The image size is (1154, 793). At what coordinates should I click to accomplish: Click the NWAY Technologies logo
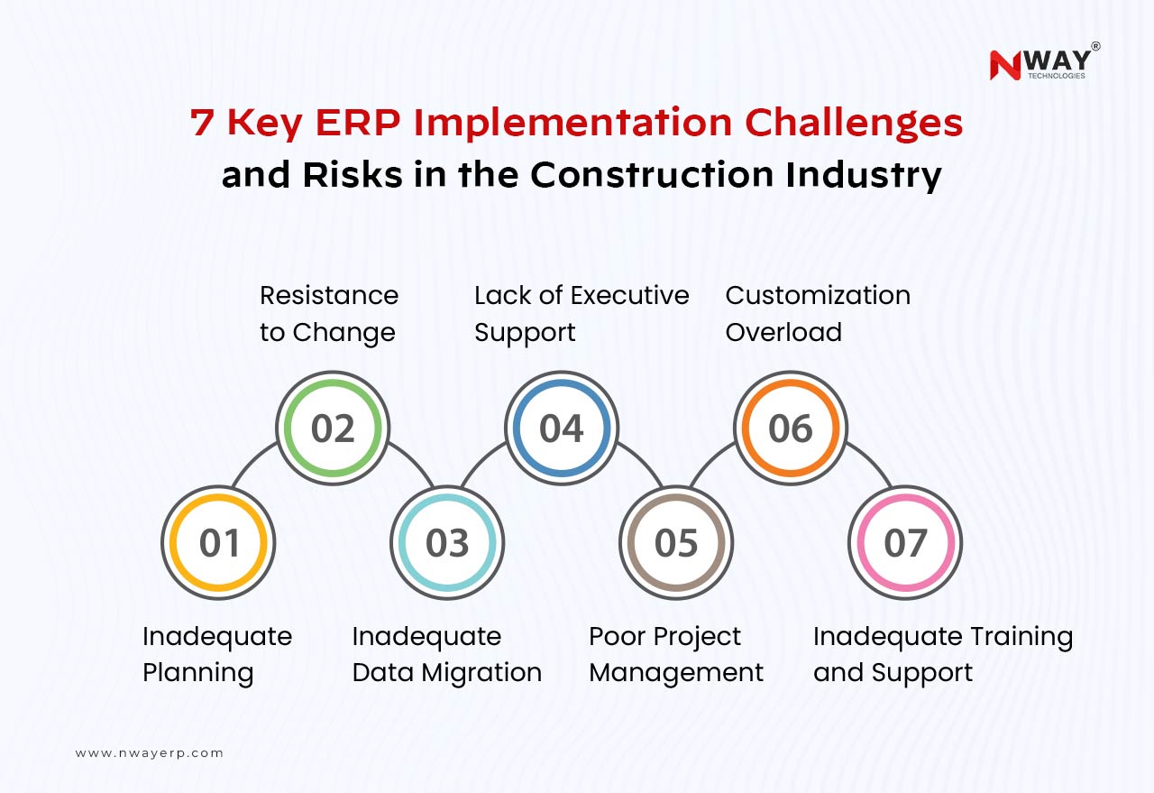(1045, 61)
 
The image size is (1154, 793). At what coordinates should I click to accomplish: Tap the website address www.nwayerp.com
(150, 753)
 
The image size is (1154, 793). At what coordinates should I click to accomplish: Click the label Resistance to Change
(329, 313)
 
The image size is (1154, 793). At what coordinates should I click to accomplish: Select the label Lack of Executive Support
(582, 313)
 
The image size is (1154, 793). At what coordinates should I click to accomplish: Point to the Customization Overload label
(818, 313)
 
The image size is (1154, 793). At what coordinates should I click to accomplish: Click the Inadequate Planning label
(217, 655)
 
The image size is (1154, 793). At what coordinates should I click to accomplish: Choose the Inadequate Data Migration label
(446, 655)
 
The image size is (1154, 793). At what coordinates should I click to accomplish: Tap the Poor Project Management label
(676, 655)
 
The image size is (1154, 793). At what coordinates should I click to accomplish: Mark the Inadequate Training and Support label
(943, 655)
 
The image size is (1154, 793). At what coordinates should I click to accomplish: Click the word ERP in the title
(358, 123)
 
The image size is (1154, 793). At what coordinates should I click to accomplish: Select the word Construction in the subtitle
(652, 174)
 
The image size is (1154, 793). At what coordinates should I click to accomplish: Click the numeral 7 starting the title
(201, 123)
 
